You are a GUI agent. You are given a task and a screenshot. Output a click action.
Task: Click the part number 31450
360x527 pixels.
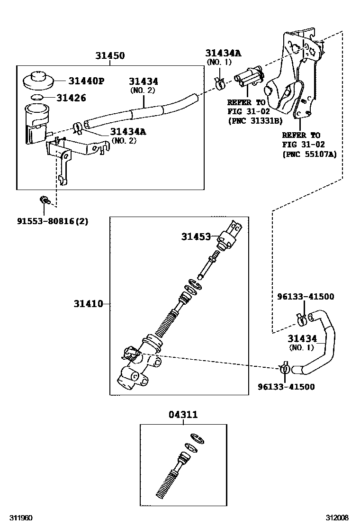[109, 56]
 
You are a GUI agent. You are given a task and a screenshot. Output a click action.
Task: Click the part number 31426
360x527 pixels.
[71, 98]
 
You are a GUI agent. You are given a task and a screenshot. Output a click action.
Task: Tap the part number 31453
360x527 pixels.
[196, 236]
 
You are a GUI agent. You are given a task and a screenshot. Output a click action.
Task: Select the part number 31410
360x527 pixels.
[88, 303]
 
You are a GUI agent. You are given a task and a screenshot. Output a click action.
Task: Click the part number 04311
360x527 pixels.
[183, 415]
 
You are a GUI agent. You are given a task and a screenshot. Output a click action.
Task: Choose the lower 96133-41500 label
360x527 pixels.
[286, 386]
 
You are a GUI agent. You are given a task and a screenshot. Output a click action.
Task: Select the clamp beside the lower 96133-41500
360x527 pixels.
[284, 369]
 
